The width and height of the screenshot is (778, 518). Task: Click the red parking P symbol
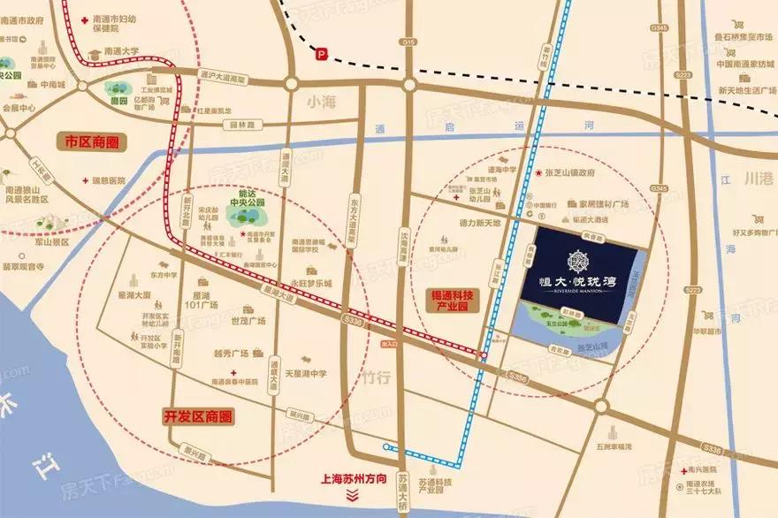click(x=322, y=54)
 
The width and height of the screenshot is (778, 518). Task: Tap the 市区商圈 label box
click(x=92, y=141)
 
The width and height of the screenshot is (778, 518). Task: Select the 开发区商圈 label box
click(x=202, y=415)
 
